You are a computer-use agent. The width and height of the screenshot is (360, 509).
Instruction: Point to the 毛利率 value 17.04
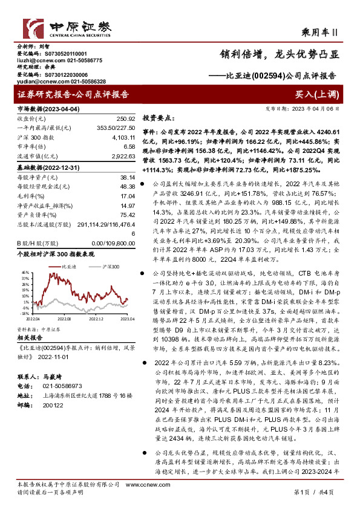click(127, 196)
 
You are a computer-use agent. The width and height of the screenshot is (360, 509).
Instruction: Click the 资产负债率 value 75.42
click(127, 213)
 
